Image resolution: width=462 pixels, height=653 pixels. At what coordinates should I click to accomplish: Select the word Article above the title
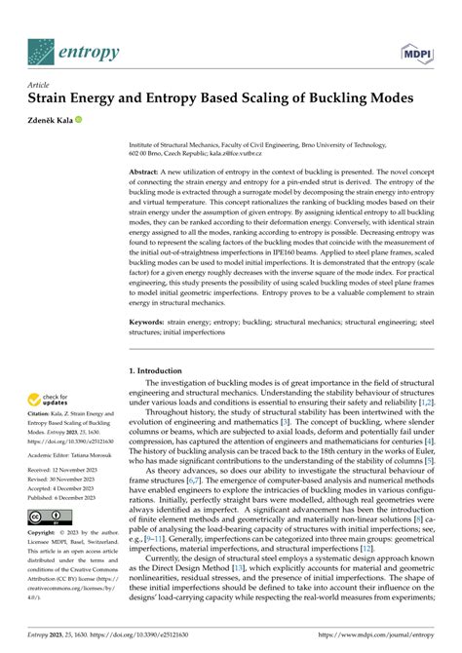pyautogui.click(x=41, y=85)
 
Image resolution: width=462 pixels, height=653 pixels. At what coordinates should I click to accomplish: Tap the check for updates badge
pyautogui.click(x=46, y=401)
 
